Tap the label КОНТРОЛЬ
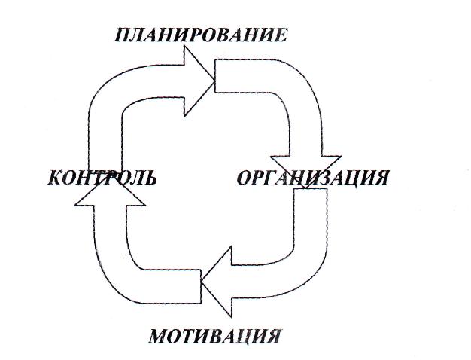tap(102, 178)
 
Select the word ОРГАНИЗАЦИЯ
tap(313, 178)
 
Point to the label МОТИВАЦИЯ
tap(214, 335)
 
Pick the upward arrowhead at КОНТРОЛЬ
tap(111, 194)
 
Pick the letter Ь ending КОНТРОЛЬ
tap(150, 178)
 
